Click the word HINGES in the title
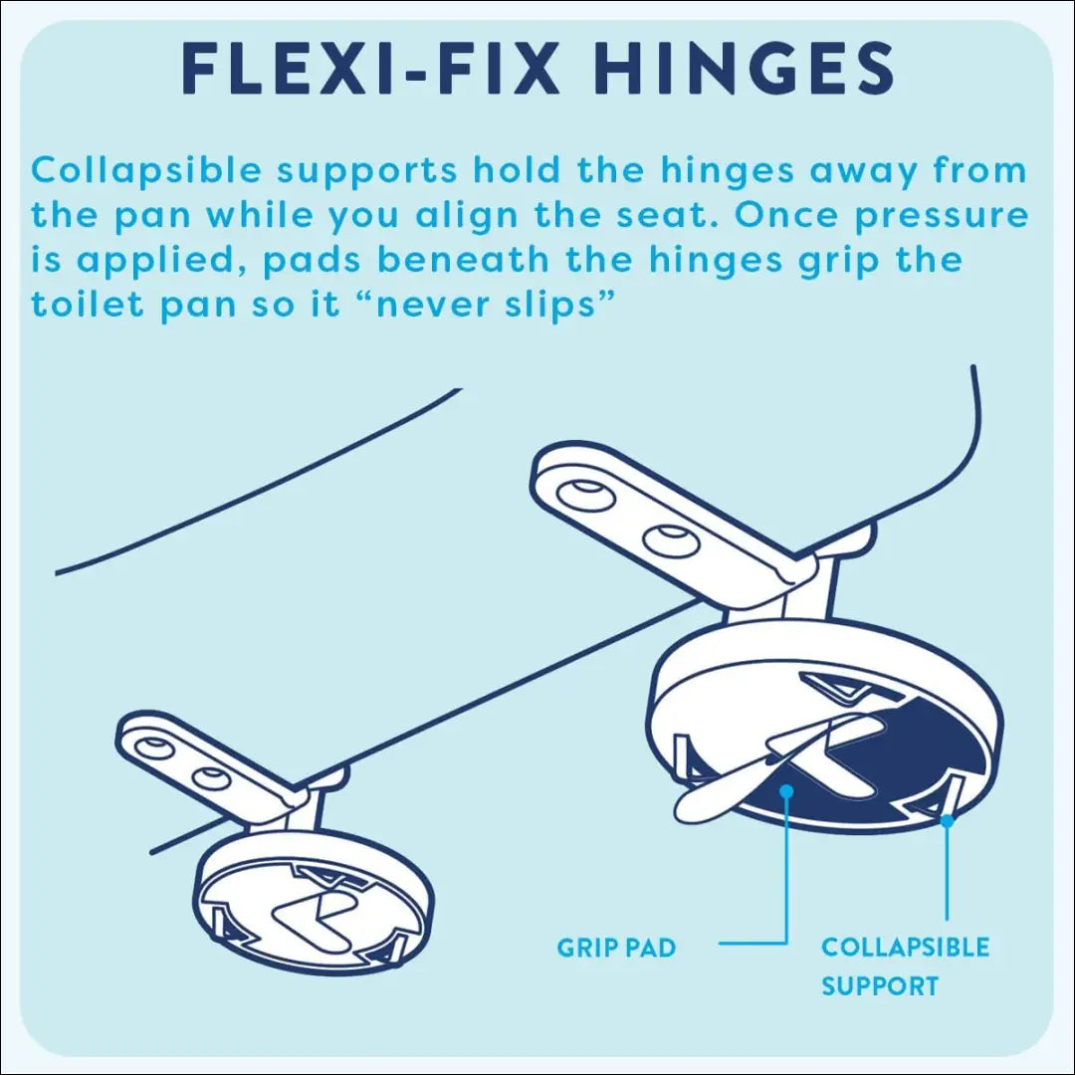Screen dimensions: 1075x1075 (743, 69)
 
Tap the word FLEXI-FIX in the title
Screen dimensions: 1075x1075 (370, 69)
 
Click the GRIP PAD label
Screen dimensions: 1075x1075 (616, 948)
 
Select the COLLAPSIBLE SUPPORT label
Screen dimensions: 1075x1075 (905, 967)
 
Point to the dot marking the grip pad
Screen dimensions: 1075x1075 (787, 792)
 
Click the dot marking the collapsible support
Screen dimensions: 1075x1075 (947, 820)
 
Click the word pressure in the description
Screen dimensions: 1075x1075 (942, 217)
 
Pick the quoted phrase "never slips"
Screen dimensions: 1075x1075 (493, 305)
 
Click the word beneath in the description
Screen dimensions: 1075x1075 (464, 260)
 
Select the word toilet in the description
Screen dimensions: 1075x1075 (88, 305)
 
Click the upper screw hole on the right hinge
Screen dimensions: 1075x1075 (584, 495)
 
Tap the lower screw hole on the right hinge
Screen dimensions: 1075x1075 (671, 540)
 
